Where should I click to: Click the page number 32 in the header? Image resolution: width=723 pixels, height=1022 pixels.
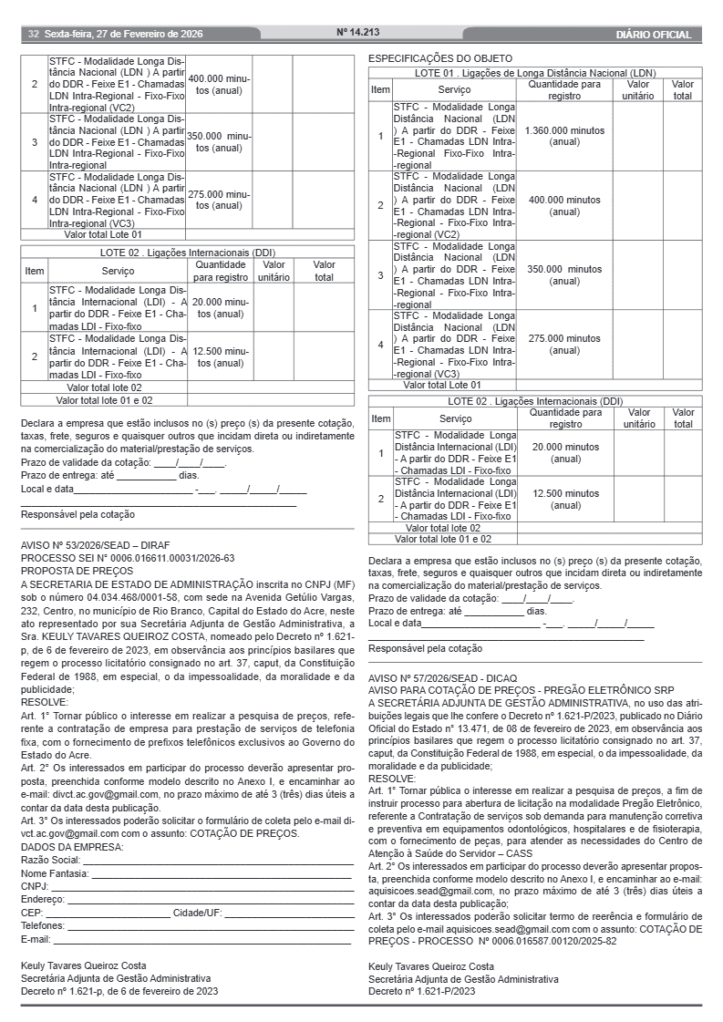pyautogui.click(x=33, y=35)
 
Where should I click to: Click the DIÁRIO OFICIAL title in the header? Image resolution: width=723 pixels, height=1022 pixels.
pyautogui.click(x=654, y=36)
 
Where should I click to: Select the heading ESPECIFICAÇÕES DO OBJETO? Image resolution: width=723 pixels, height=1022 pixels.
pyautogui.click(x=440, y=58)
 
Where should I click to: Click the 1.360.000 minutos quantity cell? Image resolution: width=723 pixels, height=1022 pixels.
pyautogui.click(x=564, y=136)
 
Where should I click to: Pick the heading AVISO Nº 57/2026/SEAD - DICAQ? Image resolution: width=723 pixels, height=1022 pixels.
pyautogui.click(x=442, y=678)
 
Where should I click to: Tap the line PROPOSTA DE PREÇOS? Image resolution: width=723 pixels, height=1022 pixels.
pyautogui.click(x=77, y=570)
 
